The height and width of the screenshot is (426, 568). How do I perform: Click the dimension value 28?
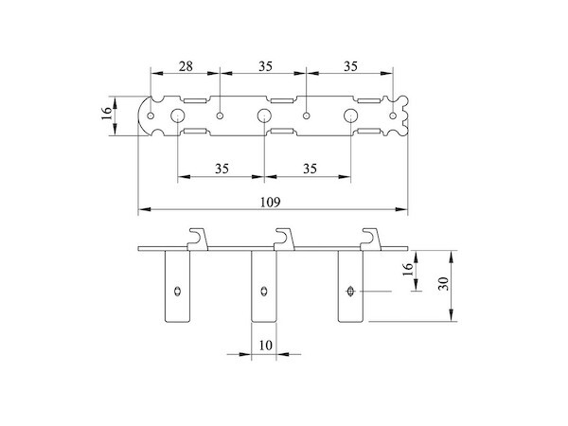(185, 66)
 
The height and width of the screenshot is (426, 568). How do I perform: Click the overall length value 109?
(273, 202)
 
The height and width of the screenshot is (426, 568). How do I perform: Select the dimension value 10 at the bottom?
(266, 346)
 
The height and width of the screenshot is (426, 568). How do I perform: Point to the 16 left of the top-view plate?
(107, 115)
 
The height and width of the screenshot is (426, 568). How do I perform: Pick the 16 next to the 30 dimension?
(408, 271)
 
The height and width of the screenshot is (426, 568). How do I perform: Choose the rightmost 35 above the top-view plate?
(349, 66)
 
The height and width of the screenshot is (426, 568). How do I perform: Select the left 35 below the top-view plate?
(221, 169)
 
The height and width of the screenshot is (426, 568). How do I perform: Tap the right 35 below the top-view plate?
(309, 169)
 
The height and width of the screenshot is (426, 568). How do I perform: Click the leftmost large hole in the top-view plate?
(176, 115)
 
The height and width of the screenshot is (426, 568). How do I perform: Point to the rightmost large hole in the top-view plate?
(351, 115)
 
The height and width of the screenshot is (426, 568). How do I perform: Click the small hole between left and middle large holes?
(220, 115)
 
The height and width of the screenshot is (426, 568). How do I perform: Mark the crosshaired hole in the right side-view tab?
(352, 291)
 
